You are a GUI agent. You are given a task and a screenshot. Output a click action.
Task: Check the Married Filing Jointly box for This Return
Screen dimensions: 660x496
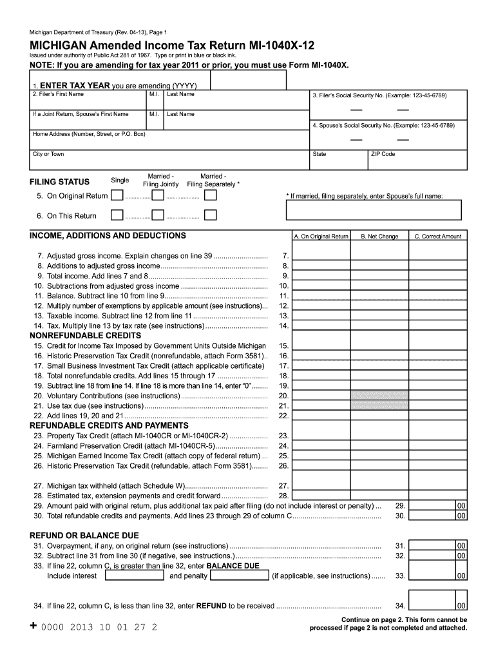point(158,215)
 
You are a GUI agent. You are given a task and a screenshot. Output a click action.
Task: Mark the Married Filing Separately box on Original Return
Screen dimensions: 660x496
point(210,196)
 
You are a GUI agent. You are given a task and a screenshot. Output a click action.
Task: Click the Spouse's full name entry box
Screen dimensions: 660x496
point(374,209)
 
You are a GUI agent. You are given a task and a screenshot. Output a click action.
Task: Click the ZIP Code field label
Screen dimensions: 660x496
point(383,155)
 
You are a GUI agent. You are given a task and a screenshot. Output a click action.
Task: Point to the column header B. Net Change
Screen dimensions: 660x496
point(379,237)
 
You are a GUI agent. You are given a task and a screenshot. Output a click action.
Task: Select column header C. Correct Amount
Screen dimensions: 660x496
point(438,237)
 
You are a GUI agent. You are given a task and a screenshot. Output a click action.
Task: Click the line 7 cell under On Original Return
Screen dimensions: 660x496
point(321,256)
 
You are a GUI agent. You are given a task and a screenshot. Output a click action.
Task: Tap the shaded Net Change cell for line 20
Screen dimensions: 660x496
point(379,395)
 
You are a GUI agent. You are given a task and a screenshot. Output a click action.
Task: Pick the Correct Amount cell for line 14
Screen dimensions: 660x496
point(438,325)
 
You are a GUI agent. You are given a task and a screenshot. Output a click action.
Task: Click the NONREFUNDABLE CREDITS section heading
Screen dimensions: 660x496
point(86,336)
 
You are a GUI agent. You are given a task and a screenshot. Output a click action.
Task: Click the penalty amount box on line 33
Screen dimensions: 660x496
point(239,576)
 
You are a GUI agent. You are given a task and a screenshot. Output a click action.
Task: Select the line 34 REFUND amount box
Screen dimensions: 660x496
point(438,605)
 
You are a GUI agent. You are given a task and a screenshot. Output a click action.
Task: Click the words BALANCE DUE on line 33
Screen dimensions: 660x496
point(233,566)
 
